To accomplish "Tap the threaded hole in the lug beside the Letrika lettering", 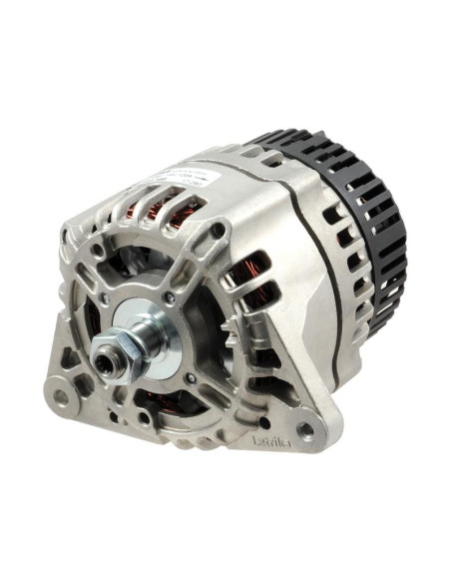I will point(302,430).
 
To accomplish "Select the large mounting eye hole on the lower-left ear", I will point(62,396).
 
